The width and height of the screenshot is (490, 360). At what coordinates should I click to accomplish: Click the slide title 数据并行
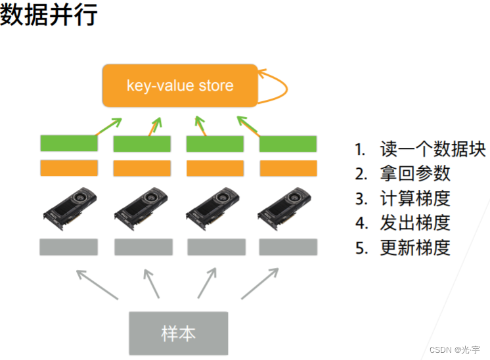tap(49, 14)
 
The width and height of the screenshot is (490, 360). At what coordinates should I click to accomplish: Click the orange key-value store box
tap(179, 85)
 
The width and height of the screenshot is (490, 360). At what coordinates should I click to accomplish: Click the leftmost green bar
tap(69, 143)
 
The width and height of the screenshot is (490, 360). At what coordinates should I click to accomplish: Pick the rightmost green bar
tap(288, 143)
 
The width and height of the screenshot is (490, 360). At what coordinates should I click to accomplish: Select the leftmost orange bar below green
tap(69, 168)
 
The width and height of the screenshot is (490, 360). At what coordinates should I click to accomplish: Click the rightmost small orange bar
tap(288, 168)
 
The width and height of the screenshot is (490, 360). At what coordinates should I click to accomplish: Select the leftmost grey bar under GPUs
tap(69, 247)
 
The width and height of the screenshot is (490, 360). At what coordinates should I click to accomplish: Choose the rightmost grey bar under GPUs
tap(288, 247)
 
